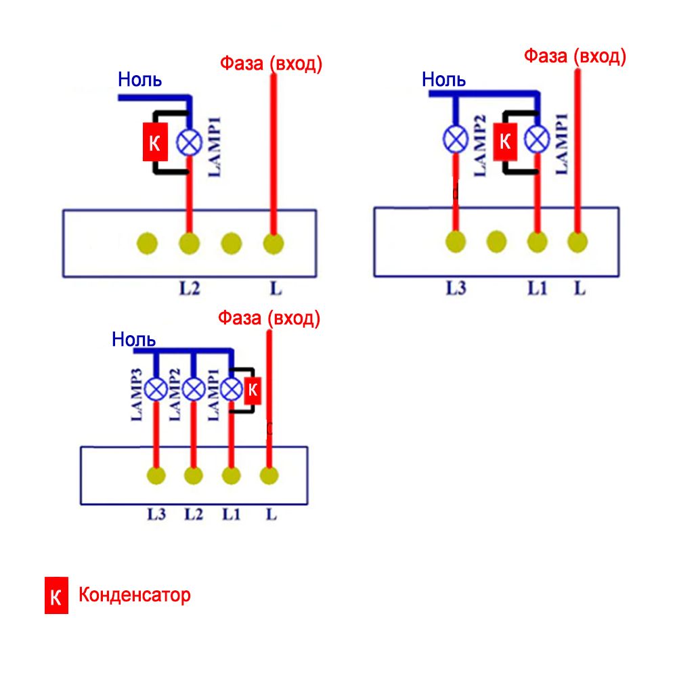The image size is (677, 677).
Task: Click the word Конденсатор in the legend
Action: pyautogui.click(x=134, y=596)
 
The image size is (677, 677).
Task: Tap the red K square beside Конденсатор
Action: pyautogui.click(x=56, y=596)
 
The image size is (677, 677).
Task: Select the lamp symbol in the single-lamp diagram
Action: pyautogui.click(x=189, y=142)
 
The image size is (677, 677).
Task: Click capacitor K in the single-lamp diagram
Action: pyautogui.click(x=155, y=142)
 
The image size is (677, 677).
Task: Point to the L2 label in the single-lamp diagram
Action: pyautogui.click(x=190, y=289)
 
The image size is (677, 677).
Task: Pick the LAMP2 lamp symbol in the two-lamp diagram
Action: pyautogui.click(x=456, y=139)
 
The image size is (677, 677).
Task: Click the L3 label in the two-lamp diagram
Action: pyautogui.click(x=456, y=289)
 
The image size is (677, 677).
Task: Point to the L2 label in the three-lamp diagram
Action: pyautogui.click(x=194, y=515)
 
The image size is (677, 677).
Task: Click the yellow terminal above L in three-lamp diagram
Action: pyautogui.click(x=269, y=476)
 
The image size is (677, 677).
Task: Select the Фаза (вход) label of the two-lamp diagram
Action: pyautogui.click(x=575, y=56)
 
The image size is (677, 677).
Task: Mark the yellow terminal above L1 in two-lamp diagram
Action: pyautogui.click(x=537, y=242)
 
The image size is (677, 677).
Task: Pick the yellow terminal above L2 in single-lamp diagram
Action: pyautogui.click(x=189, y=243)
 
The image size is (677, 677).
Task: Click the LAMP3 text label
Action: pyautogui.click(x=136, y=395)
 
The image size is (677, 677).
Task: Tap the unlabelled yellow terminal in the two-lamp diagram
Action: pyautogui.click(x=496, y=241)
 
